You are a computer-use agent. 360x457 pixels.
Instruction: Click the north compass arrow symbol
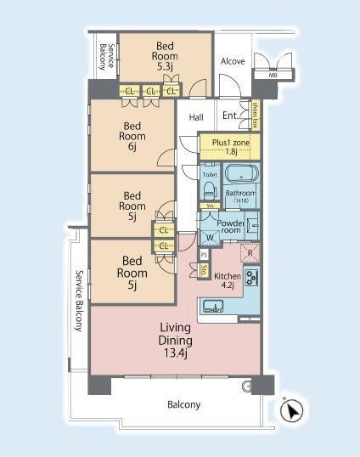pyautogui.click(x=291, y=410)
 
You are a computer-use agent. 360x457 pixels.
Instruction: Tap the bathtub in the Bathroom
pyautogui.click(x=241, y=174)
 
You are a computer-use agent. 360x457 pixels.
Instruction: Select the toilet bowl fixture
pyautogui.click(x=210, y=189)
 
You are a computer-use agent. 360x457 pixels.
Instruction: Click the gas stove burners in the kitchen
pyautogui.click(x=251, y=278)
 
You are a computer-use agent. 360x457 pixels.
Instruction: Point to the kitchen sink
pyautogui.click(x=213, y=306)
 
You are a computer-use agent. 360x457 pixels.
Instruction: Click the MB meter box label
pyautogui.click(x=273, y=75)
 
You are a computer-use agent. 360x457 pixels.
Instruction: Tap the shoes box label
pyautogui.click(x=256, y=115)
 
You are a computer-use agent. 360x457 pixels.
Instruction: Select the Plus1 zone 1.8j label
pyautogui.click(x=231, y=147)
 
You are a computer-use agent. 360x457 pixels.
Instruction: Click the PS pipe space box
pyautogui.click(x=204, y=255)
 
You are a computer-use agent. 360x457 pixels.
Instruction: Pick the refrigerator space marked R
pyautogui.click(x=250, y=253)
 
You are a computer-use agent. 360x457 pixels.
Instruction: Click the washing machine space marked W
pyautogui.click(x=210, y=237)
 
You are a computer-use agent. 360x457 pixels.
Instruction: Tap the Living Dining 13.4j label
pyautogui.click(x=175, y=341)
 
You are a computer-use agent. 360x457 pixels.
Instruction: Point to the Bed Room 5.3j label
pyautogui.click(x=165, y=56)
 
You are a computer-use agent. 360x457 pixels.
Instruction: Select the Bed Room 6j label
pyautogui.click(x=132, y=136)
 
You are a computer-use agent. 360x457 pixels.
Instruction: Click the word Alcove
pyautogui.click(x=233, y=61)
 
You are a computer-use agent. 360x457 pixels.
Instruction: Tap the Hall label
pyautogui.click(x=196, y=117)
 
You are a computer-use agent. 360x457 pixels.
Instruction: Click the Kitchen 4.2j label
pyautogui.click(x=228, y=280)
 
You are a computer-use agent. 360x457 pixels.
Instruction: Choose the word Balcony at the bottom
pyautogui.click(x=183, y=404)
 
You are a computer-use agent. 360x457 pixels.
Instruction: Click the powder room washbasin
pyautogui.click(x=252, y=225)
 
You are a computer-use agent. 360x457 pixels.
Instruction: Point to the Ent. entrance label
pyautogui.click(x=231, y=116)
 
